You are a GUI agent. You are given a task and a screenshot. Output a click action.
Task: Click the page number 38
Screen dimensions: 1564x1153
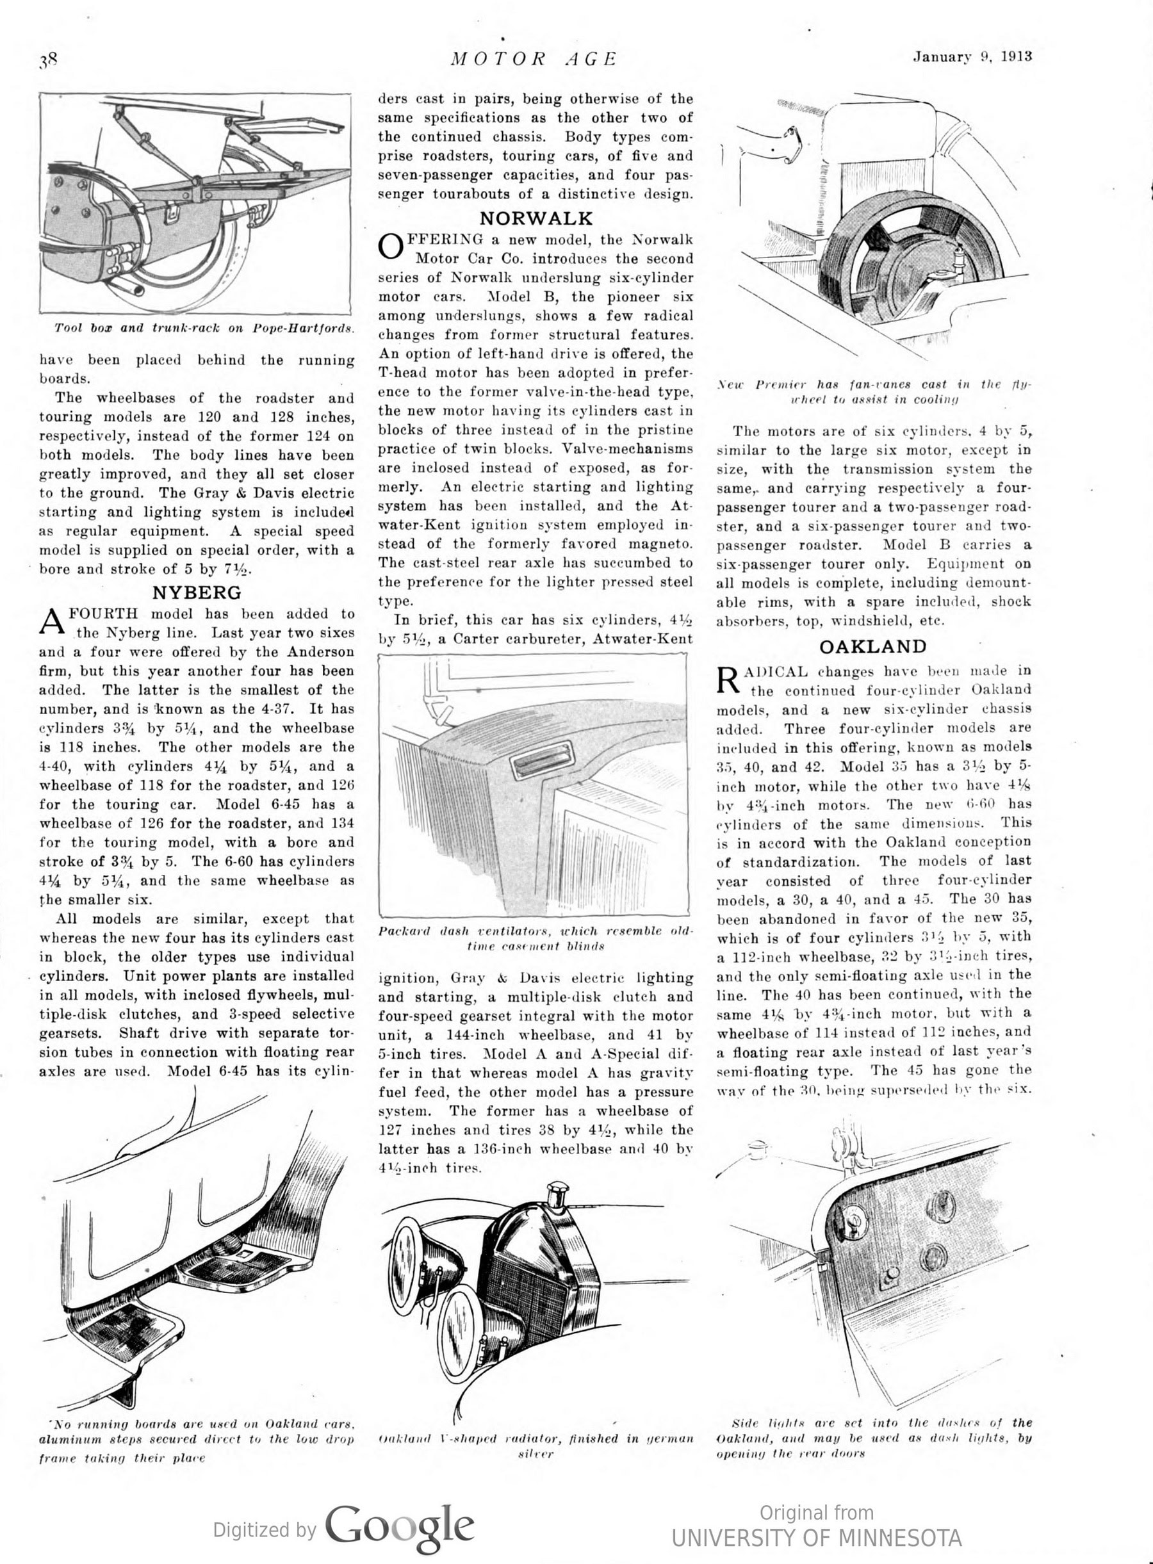(x=48, y=60)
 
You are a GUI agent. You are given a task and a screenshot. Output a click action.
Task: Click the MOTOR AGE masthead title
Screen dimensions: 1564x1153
(x=534, y=59)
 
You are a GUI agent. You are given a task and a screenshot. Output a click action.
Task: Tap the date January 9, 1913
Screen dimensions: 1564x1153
(x=972, y=57)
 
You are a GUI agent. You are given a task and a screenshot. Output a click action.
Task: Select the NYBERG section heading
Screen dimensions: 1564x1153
(x=197, y=592)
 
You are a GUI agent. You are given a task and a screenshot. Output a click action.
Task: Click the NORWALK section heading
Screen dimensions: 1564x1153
(x=536, y=218)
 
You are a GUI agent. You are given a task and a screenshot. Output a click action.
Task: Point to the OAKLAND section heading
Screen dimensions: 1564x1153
(x=872, y=646)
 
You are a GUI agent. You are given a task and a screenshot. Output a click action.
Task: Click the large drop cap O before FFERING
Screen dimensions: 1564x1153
(x=390, y=247)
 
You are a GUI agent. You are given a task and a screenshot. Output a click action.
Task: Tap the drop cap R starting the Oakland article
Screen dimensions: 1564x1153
(x=727, y=680)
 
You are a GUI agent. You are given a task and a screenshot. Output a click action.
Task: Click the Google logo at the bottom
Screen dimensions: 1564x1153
(x=399, y=1526)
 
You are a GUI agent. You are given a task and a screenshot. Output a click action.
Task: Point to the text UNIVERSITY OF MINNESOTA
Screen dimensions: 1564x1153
(x=816, y=1538)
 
